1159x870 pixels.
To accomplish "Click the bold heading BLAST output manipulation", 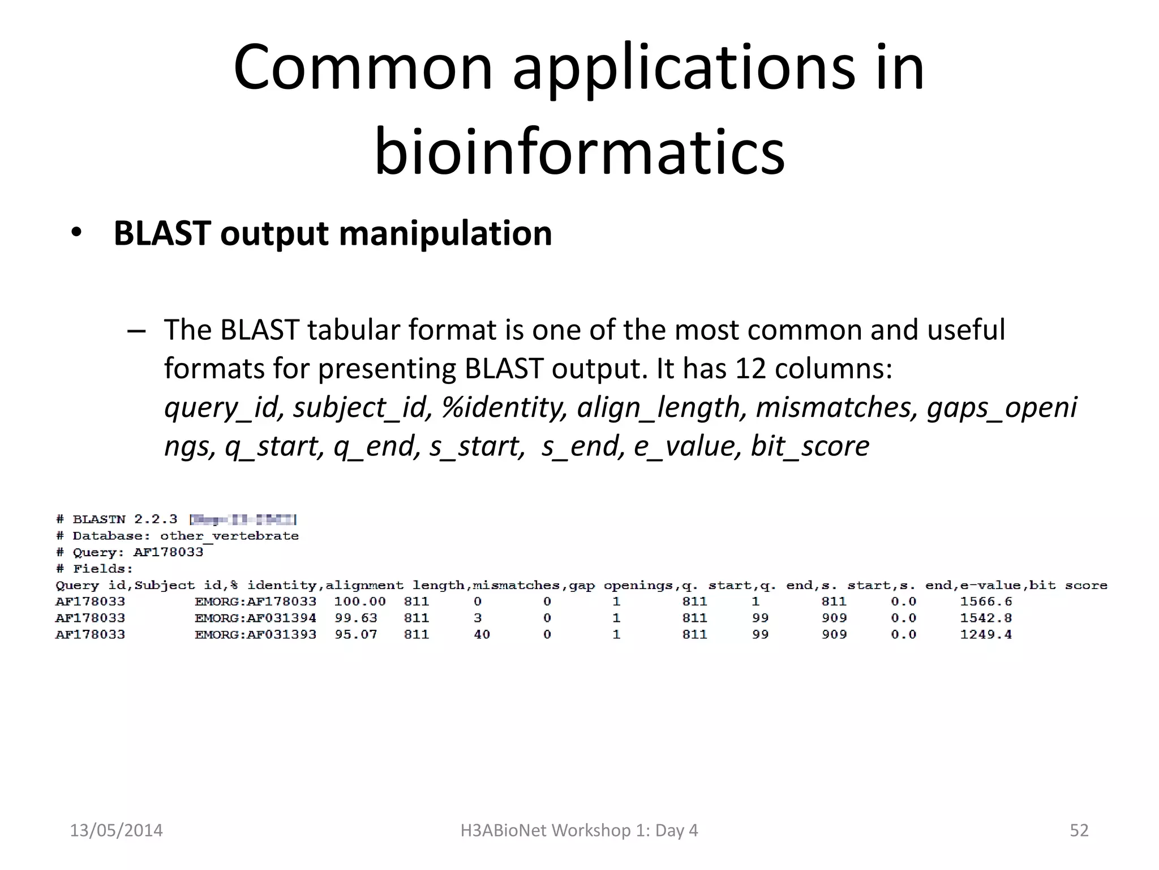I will (333, 233).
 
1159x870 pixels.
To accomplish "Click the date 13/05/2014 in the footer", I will (116, 830).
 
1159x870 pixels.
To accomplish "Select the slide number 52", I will (1079, 830).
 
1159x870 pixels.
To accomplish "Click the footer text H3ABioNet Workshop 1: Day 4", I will (579, 830).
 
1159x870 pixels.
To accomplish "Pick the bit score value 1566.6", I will (985, 602).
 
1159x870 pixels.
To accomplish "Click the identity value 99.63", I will (355, 618).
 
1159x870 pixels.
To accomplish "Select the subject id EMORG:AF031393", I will (255, 634).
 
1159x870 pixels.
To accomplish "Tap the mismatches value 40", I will (482, 634).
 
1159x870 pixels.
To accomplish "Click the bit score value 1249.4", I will (985, 634).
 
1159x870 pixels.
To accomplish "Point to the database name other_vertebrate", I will (229, 536).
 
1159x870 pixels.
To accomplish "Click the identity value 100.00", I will (359, 602).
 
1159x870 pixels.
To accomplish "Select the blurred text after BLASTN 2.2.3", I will (243, 519).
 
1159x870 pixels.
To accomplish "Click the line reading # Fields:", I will (95, 569).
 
